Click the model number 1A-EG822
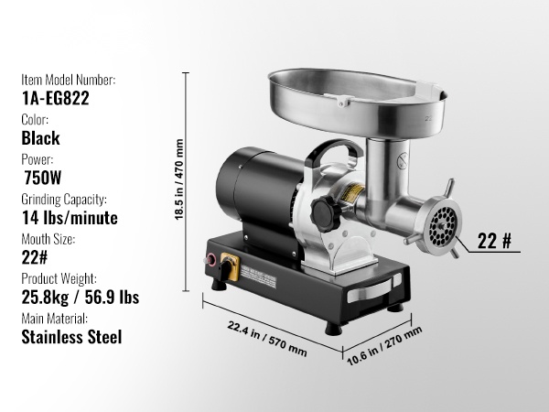coord(55,98)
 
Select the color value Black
coord(40,138)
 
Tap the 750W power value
coord(43,178)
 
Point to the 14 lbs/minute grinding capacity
coord(70,218)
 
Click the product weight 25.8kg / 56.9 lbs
coord(81,297)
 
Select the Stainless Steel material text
coord(71,337)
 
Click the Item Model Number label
coord(69,80)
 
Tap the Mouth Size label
coord(48,239)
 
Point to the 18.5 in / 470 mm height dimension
coord(179,179)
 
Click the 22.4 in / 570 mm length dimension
coord(267,339)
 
